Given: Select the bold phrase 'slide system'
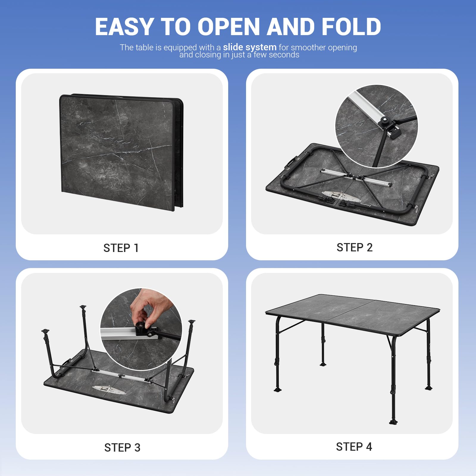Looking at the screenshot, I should click(x=250, y=47).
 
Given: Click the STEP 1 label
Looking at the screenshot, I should click(x=121, y=248).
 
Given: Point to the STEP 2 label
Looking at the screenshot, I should click(x=354, y=247).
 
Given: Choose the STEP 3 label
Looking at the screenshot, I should click(x=122, y=447).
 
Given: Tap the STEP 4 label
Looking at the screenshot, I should click(x=354, y=447).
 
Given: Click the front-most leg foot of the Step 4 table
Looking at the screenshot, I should click(x=393, y=421).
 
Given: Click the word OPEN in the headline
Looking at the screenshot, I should click(x=228, y=27).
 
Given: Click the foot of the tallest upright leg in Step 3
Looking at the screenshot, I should click(x=83, y=307).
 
